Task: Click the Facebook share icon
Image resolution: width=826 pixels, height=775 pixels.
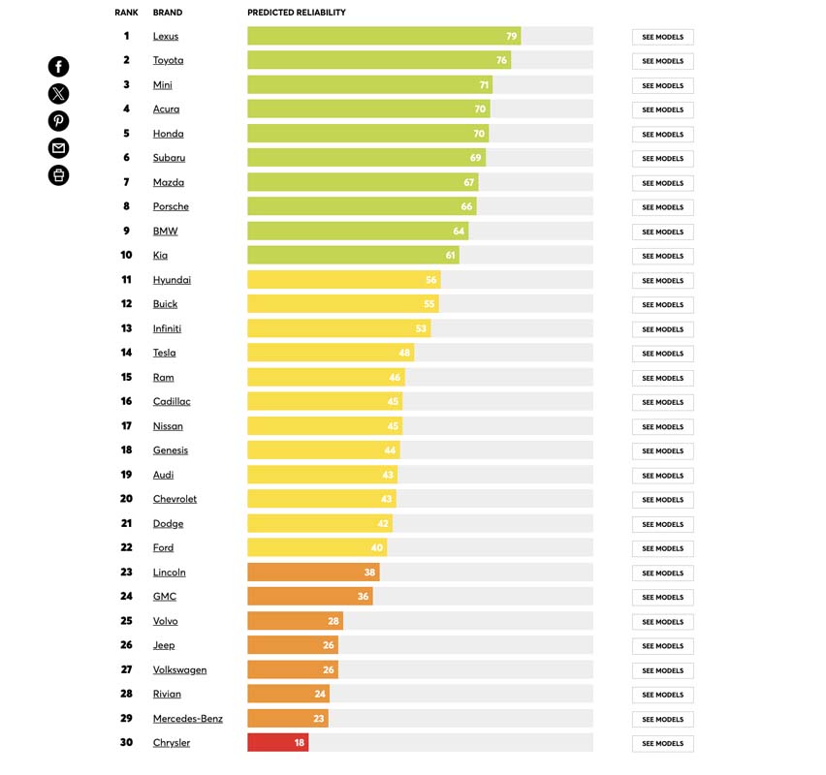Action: pos(59,67)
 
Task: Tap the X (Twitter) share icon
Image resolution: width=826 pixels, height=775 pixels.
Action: pos(59,94)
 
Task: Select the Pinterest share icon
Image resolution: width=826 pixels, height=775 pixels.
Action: pos(59,121)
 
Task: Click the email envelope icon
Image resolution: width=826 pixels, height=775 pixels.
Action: pos(59,148)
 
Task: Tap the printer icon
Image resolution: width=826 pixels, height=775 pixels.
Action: pos(59,175)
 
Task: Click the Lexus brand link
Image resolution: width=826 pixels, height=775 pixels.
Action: pos(166,37)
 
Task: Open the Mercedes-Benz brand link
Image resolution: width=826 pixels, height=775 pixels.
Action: pos(188,719)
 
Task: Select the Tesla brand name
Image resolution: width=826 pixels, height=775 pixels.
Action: pos(165,353)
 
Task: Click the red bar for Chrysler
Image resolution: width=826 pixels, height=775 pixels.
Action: pos(277,743)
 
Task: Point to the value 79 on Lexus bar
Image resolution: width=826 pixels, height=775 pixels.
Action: pos(511,37)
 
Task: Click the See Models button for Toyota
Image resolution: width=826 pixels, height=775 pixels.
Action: pos(662,61)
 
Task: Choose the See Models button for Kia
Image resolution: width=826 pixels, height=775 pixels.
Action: pos(662,256)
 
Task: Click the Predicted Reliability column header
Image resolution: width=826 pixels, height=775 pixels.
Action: pos(297,13)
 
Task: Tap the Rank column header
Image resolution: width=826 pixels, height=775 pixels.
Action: pos(126,13)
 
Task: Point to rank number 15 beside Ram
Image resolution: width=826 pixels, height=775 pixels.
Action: pos(126,377)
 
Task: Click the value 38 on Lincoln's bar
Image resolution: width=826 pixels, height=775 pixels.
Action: pos(369,573)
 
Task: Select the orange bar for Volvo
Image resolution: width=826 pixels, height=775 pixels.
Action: pos(295,621)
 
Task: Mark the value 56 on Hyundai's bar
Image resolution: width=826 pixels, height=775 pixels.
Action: pos(430,280)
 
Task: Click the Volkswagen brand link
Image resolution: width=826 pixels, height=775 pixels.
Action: pos(179,669)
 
